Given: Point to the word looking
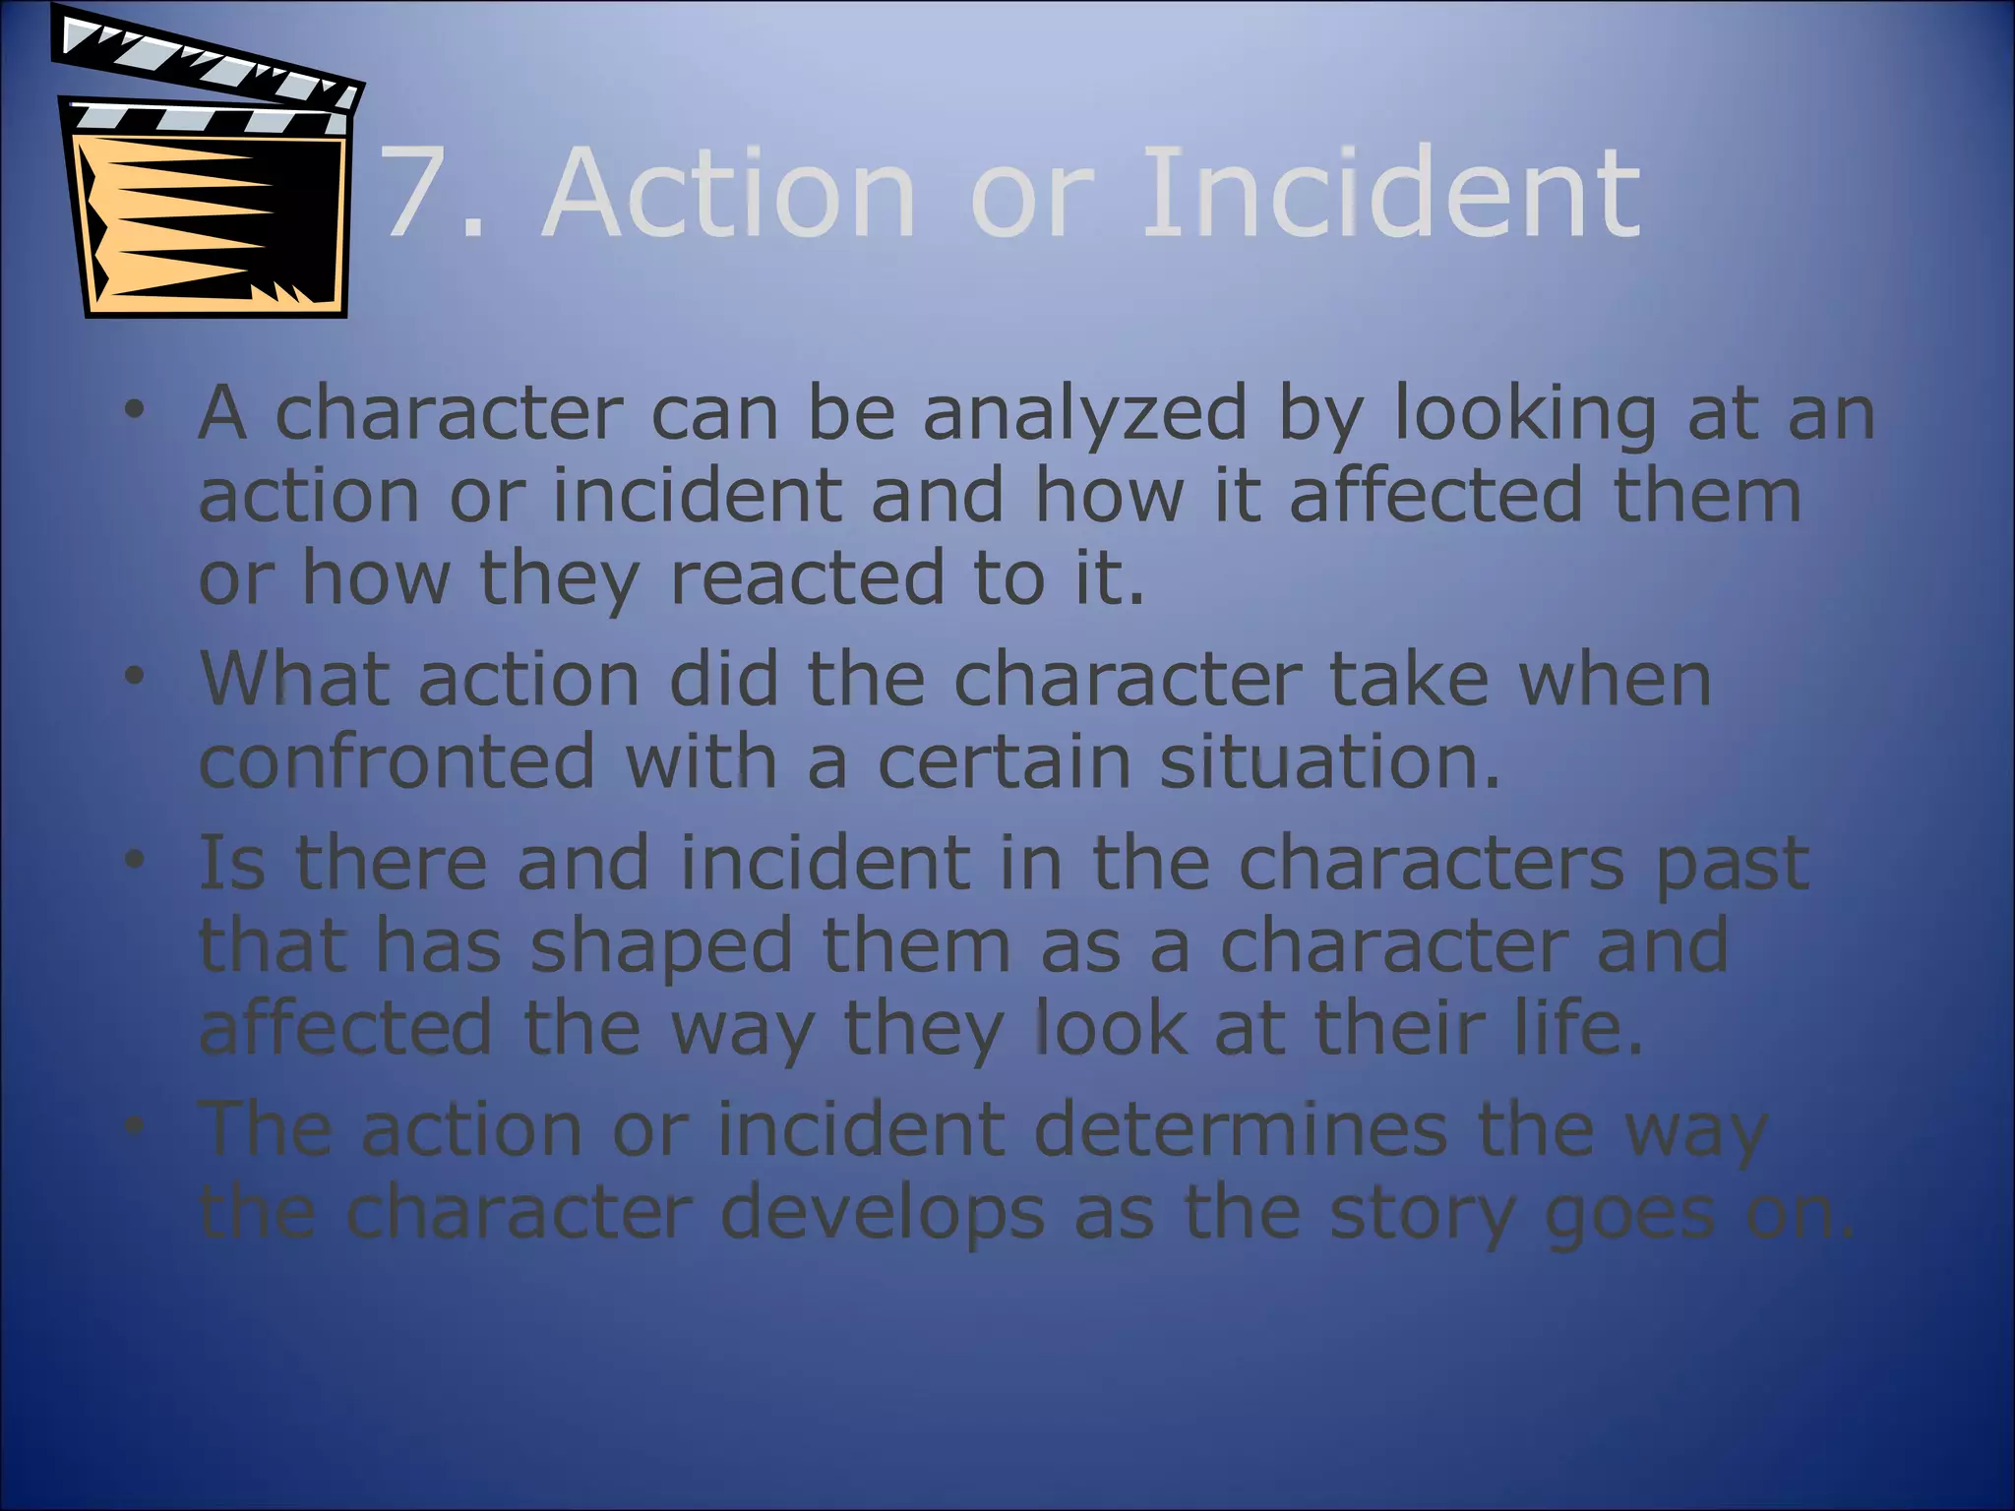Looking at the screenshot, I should coord(1524,415).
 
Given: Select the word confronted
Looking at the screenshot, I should coord(397,761).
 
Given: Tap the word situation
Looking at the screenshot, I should coord(1330,761).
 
